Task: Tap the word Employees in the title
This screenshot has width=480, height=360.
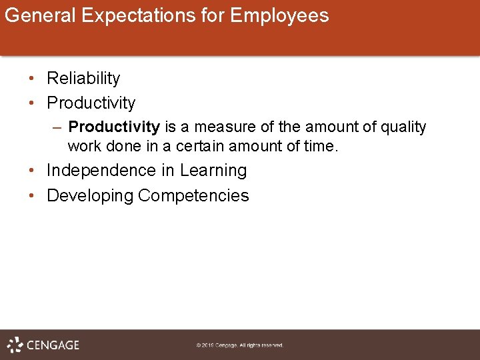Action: coord(279,15)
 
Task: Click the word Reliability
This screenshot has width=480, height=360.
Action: coord(83,79)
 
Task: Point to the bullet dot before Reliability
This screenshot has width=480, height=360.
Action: coord(32,79)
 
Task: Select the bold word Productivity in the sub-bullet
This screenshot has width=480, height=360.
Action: coord(114,127)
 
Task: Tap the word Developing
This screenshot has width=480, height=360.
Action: coord(90,196)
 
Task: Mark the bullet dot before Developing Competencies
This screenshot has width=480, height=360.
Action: coord(32,196)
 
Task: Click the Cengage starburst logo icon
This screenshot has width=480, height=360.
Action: coord(15,345)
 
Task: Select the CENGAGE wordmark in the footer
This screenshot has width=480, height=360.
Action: coord(53,345)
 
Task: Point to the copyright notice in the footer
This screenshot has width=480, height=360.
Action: coord(240,345)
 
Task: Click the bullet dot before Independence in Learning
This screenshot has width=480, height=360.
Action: coord(32,171)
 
